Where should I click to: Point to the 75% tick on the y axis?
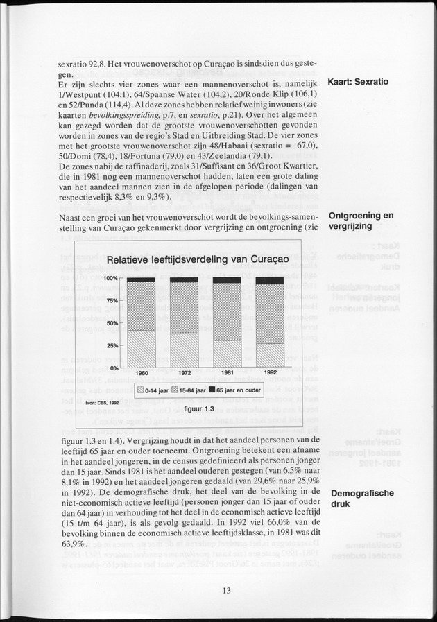click(x=112, y=300)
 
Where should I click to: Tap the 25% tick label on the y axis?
click(x=112, y=345)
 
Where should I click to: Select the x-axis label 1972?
click(x=185, y=373)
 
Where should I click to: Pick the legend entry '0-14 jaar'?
click(x=153, y=390)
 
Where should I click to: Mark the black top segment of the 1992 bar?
click(x=270, y=280)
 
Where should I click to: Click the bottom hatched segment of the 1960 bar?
click(x=142, y=348)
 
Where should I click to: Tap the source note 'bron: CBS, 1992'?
click(x=102, y=402)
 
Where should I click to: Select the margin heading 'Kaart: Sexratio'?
click(x=357, y=82)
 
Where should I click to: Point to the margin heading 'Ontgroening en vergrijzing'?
click(x=360, y=221)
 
